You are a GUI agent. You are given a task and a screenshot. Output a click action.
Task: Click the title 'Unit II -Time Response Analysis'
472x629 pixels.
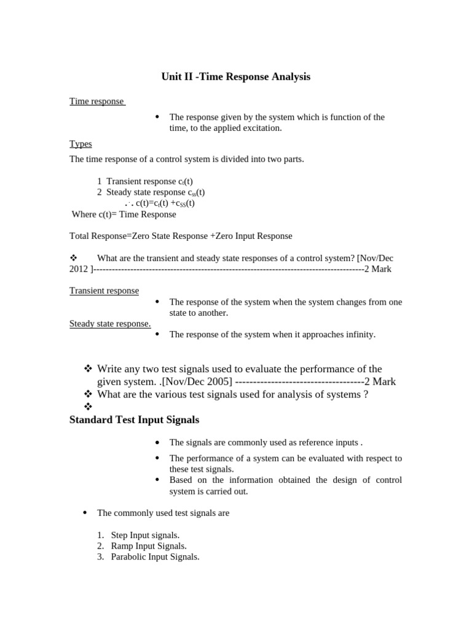coord(235,77)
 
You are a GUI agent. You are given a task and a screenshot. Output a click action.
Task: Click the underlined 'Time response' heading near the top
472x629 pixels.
coord(96,101)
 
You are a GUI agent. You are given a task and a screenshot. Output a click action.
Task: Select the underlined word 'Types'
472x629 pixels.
coord(81,144)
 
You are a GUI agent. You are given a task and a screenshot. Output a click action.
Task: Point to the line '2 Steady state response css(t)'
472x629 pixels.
coord(151,192)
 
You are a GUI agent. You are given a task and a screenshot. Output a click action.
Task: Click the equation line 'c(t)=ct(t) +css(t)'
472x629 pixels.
coord(165,203)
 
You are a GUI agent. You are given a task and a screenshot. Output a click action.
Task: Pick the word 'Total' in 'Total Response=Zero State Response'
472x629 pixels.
coord(79,236)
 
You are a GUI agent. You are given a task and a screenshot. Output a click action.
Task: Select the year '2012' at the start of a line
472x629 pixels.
coord(79,269)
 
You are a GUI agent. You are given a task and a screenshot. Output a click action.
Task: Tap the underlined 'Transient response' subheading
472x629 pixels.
coord(104,291)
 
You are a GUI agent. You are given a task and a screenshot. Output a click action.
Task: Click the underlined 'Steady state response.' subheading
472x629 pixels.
coord(110,324)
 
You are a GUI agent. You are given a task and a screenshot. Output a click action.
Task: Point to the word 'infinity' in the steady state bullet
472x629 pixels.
coord(357,335)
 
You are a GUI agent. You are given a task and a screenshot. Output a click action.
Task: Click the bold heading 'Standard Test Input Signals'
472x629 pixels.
coord(134,420)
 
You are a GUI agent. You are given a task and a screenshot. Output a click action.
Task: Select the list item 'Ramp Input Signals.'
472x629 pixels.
coord(149,546)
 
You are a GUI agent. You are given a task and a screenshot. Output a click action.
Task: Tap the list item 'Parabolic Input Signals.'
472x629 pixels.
coord(155,557)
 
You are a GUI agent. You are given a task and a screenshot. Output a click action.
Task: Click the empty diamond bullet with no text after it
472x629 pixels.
coord(87,407)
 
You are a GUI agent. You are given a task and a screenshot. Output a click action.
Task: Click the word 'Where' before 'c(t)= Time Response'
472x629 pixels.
coord(84,214)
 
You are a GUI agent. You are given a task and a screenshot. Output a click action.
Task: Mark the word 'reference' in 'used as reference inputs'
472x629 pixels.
coord(290,442)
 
